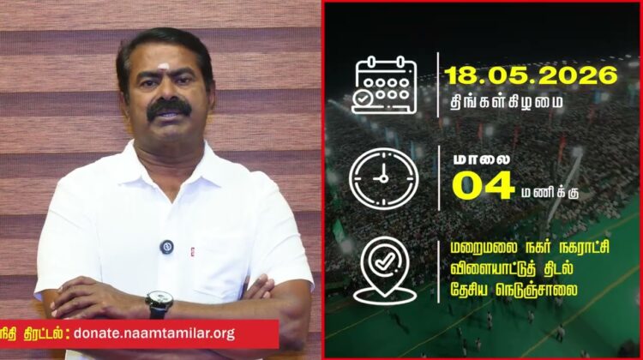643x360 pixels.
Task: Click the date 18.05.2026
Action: pyautogui.click(x=531, y=75)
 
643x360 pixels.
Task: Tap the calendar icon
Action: pyautogui.click(x=384, y=85)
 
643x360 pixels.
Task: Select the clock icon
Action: pyautogui.click(x=384, y=179)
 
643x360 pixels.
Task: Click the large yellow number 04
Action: pyautogui.click(x=483, y=185)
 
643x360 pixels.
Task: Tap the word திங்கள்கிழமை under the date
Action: pyautogui.click(x=507, y=102)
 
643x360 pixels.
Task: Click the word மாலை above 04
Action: pyautogui.click(x=482, y=160)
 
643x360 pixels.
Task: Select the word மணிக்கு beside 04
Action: pyautogui.click(x=550, y=193)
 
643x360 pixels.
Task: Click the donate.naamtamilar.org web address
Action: pyautogui.click(x=154, y=333)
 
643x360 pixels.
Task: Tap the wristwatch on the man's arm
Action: pyautogui.click(x=159, y=303)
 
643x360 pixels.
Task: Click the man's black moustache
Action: pyautogui.click(x=169, y=108)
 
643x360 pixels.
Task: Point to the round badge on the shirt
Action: pyautogui.click(x=166, y=247)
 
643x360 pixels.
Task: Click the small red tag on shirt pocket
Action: pyautogui.click(x=193, y=252)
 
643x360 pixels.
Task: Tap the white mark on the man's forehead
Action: pyautogui.click(x=164, y=66)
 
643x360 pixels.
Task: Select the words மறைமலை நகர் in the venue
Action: pyautogui.click(x=498, y=248)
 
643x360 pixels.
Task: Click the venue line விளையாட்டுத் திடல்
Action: pyautogui.click(x=511, y=269)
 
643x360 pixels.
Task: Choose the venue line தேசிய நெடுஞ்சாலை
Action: pyautogui.click(x=514, y=291)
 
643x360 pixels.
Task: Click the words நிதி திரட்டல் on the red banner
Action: pyautogui.click(x=31, y=333)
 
